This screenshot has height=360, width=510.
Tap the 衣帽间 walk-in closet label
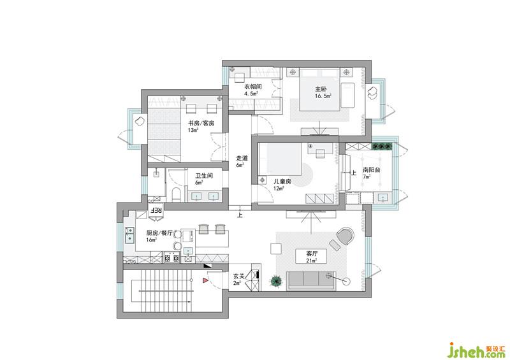pos(252,87)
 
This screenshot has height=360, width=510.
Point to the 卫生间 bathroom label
pos(204,176)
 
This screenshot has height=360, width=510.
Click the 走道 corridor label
pos(242,159)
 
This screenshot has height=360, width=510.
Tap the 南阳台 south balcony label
pos(372,170)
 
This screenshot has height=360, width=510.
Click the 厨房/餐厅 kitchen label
pos(159,233)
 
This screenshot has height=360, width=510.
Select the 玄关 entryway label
pos(238,277)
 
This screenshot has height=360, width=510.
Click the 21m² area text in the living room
pos(312,261)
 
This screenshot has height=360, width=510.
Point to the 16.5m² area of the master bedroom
pos(323,96)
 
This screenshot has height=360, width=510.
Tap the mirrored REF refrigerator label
pos(156,210)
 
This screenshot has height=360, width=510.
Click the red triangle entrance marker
pos(205,280)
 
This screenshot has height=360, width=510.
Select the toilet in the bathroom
pos(176,194)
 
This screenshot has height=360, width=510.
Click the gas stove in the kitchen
pos(172,257)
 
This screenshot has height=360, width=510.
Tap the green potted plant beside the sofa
pos(277,280)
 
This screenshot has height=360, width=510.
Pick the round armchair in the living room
pos(346,236)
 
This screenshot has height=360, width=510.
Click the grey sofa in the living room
pos(312,280)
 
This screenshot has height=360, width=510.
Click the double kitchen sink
pos(129,235)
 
